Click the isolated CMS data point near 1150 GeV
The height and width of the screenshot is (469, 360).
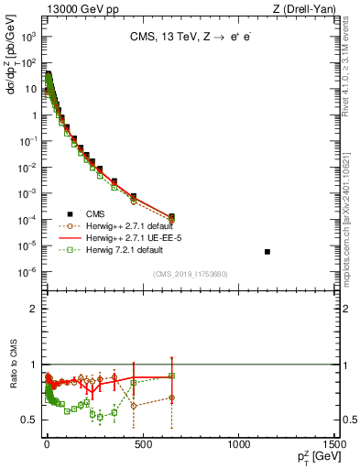click(x=267, y=251)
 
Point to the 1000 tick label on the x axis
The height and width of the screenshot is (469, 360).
click(x=240, y=443)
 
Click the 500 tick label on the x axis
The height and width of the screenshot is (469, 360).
click(x=142, y=443)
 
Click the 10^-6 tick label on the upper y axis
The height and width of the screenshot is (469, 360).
click(x=27, y=271)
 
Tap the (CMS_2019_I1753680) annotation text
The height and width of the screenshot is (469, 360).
click(x=190, y=274)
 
